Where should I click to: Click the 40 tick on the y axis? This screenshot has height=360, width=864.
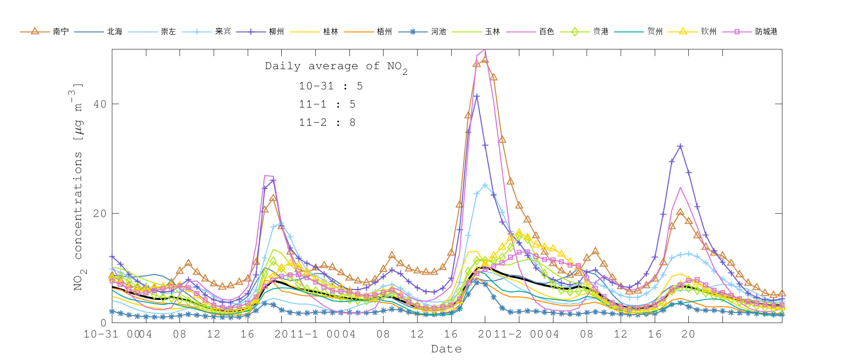click(100, 104)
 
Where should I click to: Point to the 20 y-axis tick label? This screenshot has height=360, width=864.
click(100, 214)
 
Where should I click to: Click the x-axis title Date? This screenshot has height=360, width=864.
click(446, 349)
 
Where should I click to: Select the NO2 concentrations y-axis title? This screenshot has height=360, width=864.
click(78, 187)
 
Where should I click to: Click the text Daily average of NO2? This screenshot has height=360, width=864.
click(336, 67)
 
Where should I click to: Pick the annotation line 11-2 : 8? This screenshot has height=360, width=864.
click(327, 123)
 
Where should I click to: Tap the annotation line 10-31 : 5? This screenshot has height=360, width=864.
click(331, 86)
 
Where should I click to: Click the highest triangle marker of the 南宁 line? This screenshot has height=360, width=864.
click(485, 60)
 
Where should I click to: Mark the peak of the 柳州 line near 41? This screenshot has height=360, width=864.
click(476, 96)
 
